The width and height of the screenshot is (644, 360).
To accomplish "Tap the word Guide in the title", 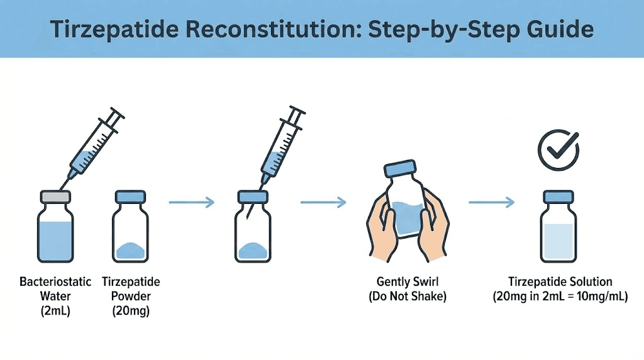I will click(555, 30).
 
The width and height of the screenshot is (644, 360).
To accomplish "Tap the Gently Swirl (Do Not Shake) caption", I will click(408, 289).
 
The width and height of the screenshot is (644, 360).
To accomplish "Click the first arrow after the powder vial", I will click(192, 203).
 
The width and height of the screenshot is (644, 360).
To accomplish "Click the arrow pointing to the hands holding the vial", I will click(323, 203).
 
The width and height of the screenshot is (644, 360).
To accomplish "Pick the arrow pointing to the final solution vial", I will click(492, 203).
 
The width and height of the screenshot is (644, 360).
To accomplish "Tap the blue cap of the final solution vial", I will click(558, 197).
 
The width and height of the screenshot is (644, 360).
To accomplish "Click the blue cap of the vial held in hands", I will click(402, 169).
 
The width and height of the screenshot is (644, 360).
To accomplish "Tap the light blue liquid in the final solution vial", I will click(558, 242).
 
